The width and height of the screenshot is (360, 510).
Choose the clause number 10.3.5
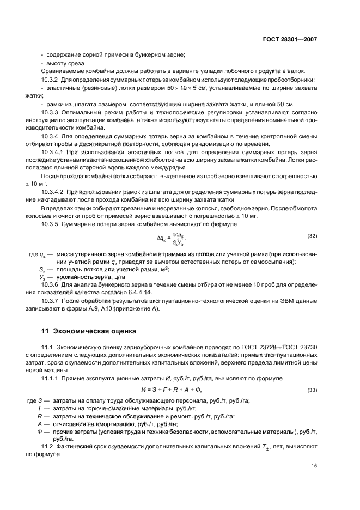52,224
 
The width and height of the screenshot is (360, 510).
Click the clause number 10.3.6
52,286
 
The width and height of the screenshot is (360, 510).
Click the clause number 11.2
48,446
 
